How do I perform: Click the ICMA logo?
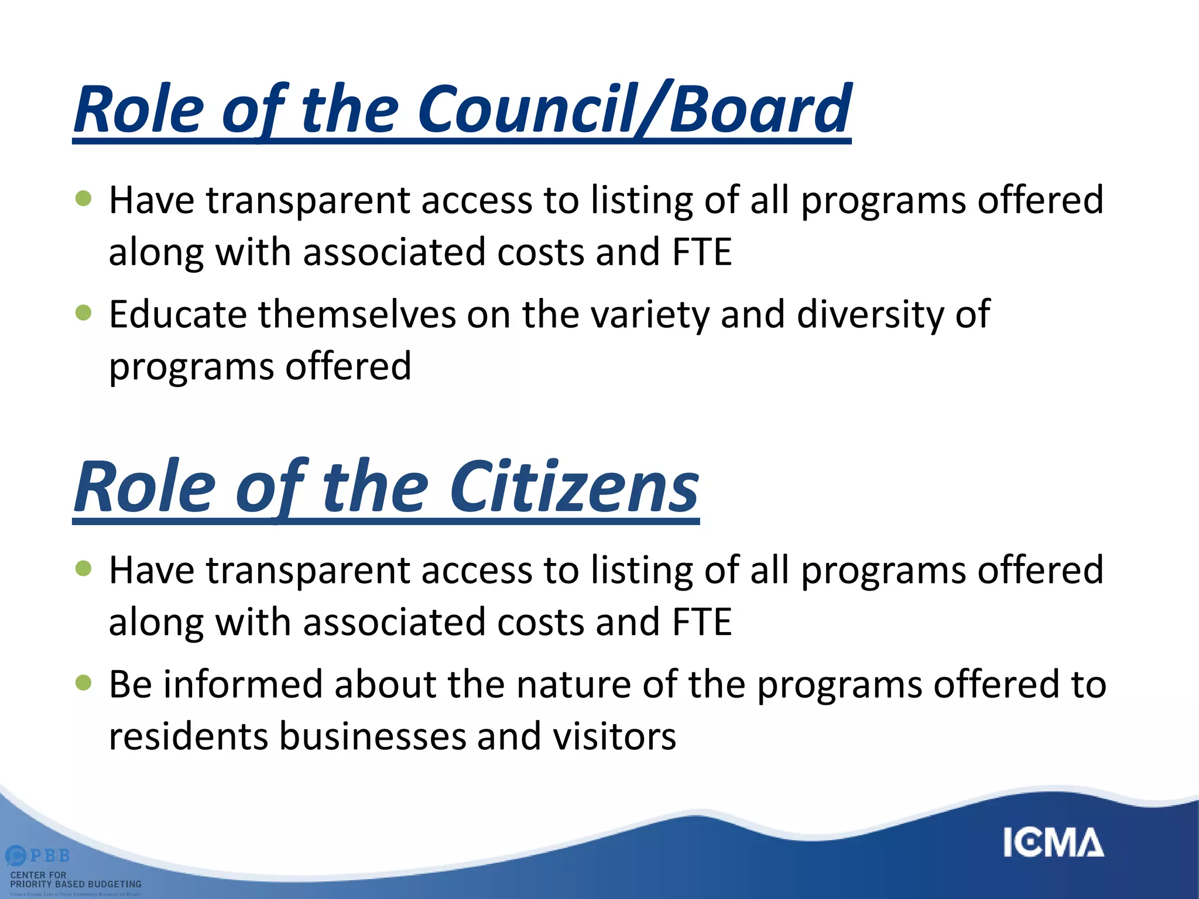1053,843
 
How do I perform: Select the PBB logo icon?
16,856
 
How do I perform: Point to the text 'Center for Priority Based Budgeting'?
76,880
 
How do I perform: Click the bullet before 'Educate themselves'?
84,313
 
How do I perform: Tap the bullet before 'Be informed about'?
84,682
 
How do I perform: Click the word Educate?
178,315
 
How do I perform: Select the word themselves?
357,315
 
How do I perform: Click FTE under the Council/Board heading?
702,252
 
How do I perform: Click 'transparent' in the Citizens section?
307,571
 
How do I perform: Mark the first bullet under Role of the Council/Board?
84,198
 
